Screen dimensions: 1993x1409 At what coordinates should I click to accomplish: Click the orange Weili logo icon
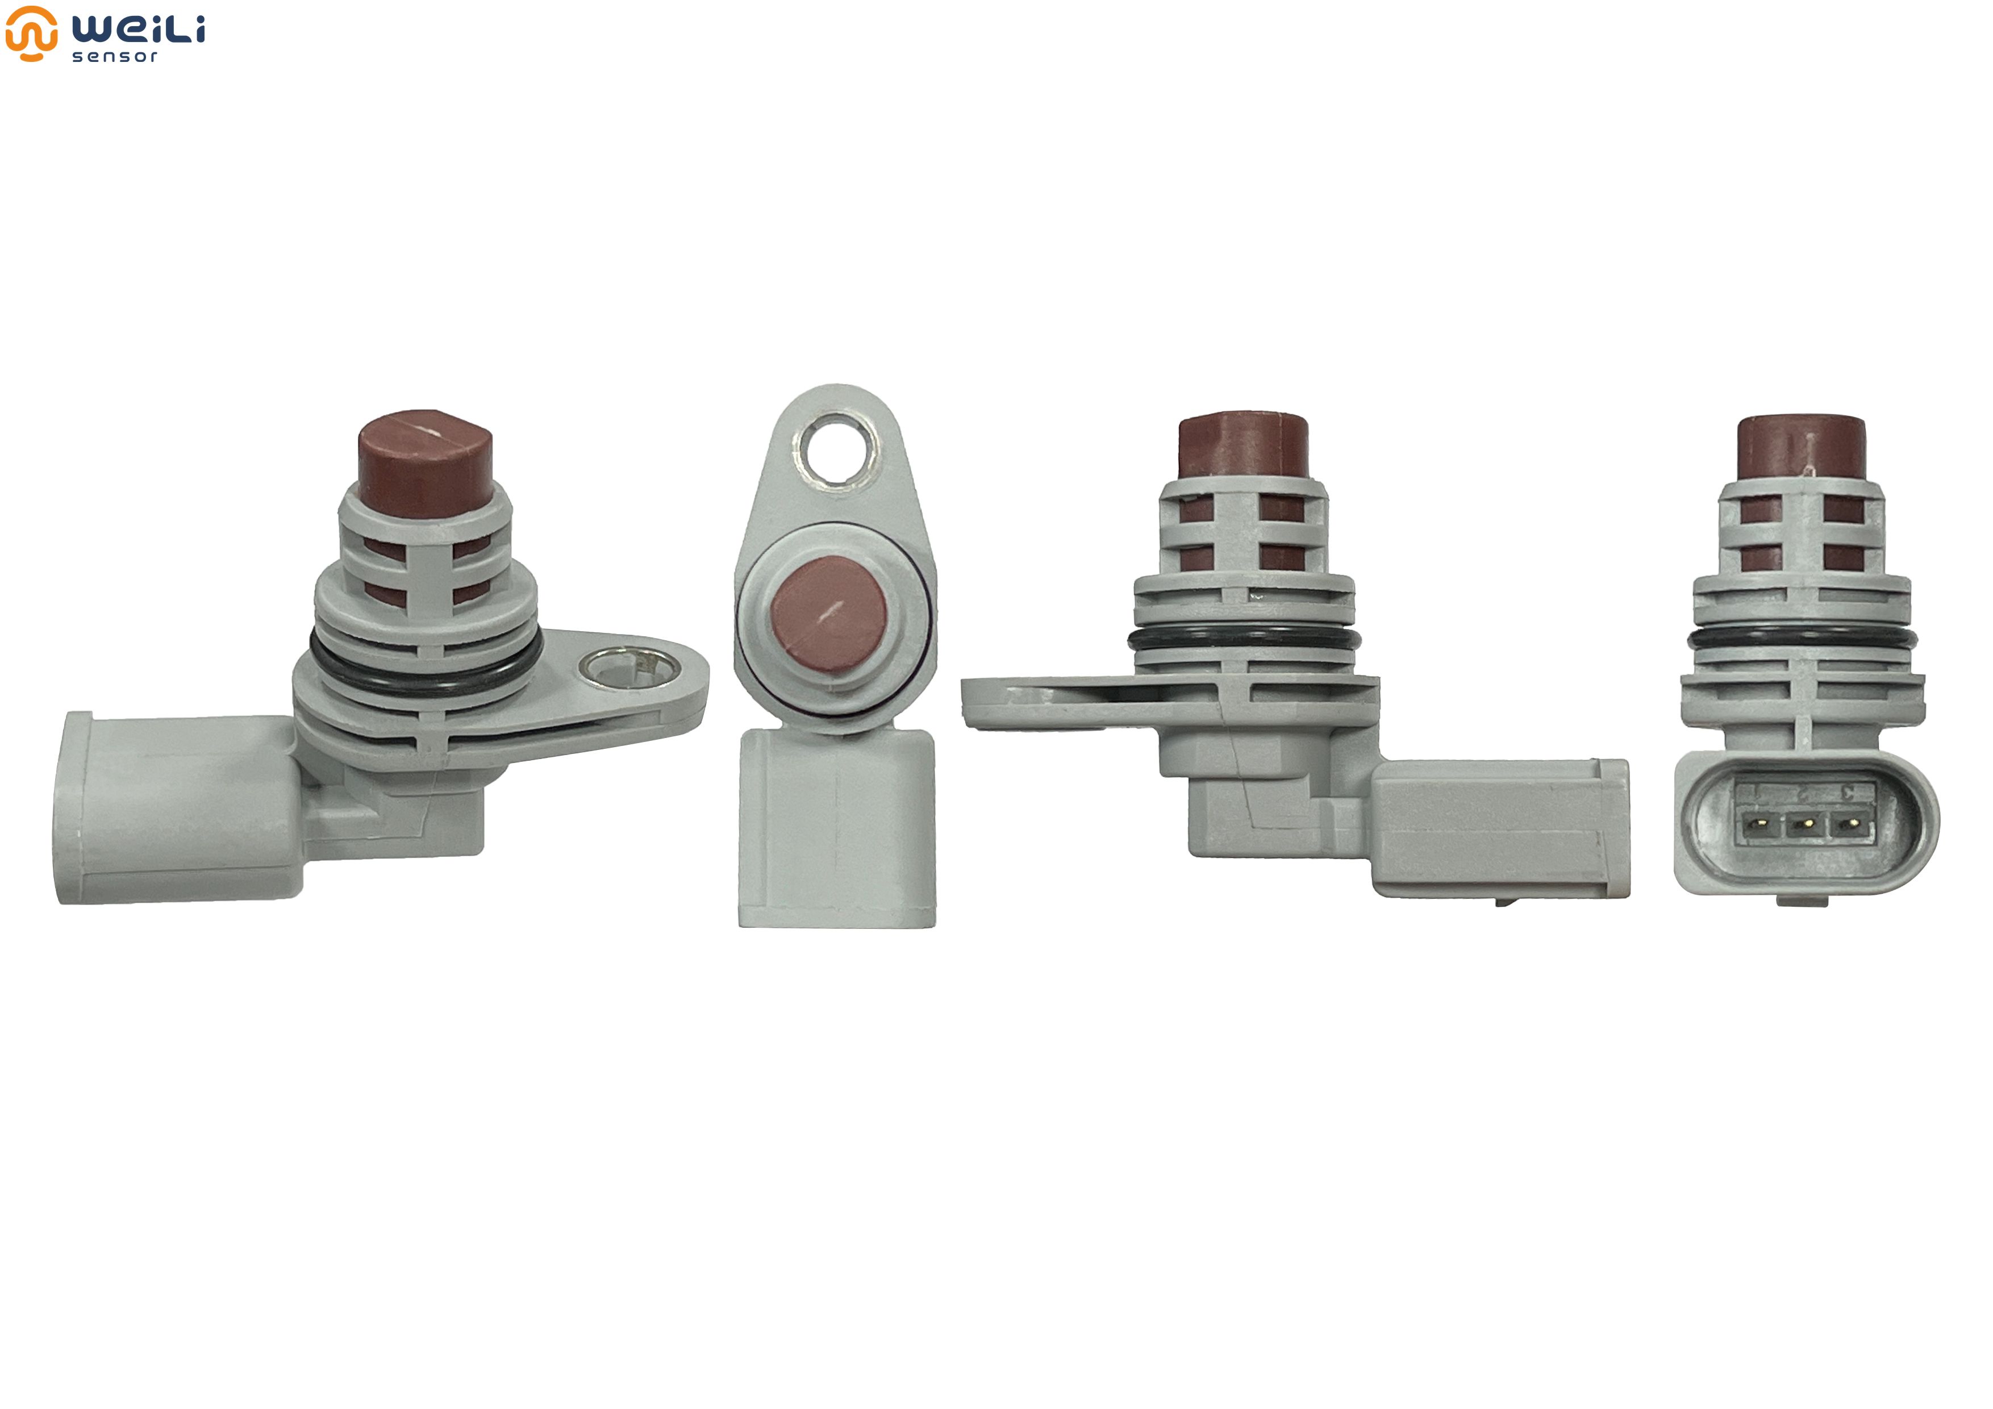pyautogui.click(x=31, y=33)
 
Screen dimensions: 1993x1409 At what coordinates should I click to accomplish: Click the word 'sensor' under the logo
pyautogui.click(x=115, y=56)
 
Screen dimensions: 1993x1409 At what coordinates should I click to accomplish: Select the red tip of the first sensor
pyautogui.click(x=426, y=462)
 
